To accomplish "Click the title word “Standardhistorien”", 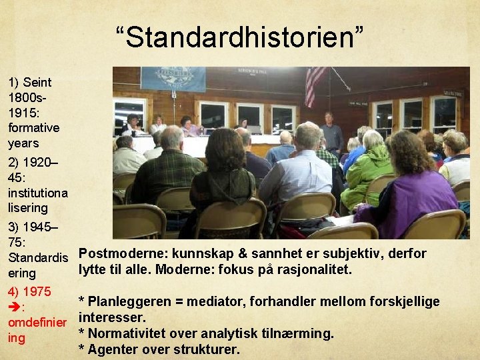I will click(239, 38).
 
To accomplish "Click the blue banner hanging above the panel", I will click(173, 78).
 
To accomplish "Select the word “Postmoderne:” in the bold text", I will click(124, 254).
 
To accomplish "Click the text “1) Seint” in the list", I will click(30, 83).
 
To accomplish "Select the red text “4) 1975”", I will click(30, 291).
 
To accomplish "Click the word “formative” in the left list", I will click(33, 127).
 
